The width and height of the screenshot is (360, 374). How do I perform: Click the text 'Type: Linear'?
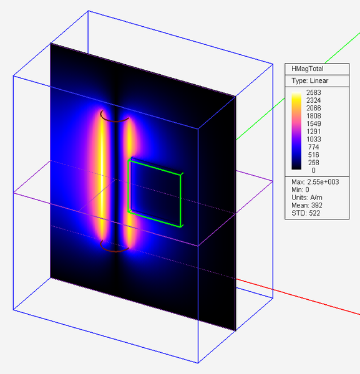pyautogui.click(x=310, y=81)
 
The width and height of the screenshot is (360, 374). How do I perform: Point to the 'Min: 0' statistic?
pyautogui.click(x=301, y=189)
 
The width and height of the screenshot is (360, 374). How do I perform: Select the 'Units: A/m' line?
pyautogui.click(x=308, y=198)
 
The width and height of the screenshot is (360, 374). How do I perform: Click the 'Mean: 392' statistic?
pyautogui.click(x=306, y=206)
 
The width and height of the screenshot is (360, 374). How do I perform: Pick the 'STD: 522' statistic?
pyautogui.click(x=304, y=214)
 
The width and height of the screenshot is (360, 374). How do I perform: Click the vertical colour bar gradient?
pyautogui.click(x=297, y=132)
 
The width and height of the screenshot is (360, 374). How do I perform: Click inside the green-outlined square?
pyautogui.click(x=155, y=193)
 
